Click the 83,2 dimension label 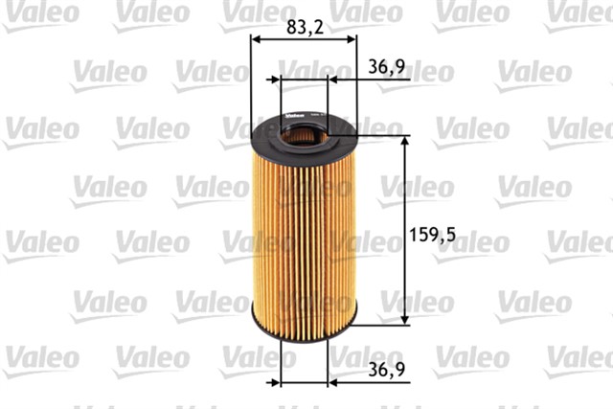click(303, 29)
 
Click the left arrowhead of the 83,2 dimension click(255, 40)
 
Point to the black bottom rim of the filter click(303, 323)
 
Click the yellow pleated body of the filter click(303, 230)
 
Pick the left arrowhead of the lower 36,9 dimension click(276, 381)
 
